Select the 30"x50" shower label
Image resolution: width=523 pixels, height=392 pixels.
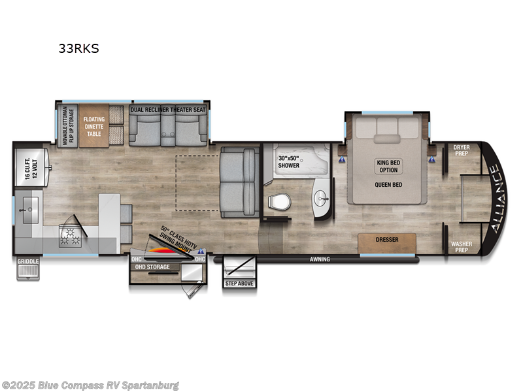pyautogui.click(x=288, y=161)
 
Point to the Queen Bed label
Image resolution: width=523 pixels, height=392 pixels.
pyautogui.click(x=388, y=184)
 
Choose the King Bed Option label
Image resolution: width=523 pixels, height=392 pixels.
pyautogui.click(x=388, y=166)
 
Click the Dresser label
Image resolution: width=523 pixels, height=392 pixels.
pyautogui.click(x=387, y=240)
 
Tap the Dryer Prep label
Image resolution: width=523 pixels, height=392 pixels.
pyautogui.click(x=462, y=151)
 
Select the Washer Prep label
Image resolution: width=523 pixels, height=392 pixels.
pyautogui.click(x=462, y=248)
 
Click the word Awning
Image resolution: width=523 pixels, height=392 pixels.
pyautogui.click(x=320, y=259)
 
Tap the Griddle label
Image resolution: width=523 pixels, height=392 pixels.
pyautogui.click(x=28, y=261)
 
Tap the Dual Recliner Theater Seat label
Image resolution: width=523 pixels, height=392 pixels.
pyautogui.click(x=168, y=110)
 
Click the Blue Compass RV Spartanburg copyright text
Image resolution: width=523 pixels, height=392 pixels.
pyautogui.click(x=91, y=385)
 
